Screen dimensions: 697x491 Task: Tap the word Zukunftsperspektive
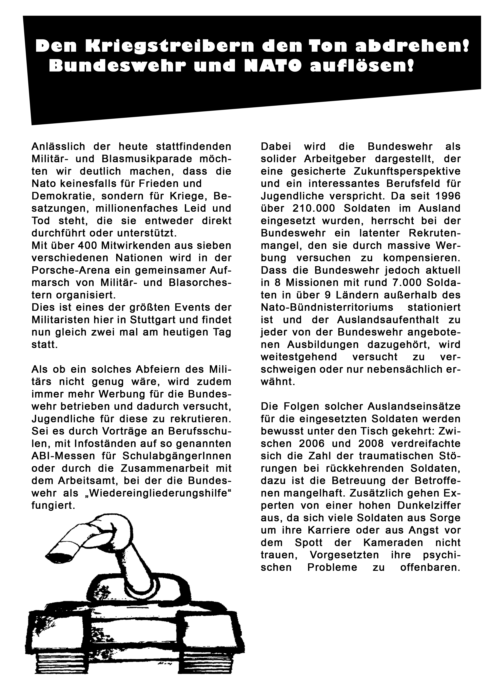click(407, 171)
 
